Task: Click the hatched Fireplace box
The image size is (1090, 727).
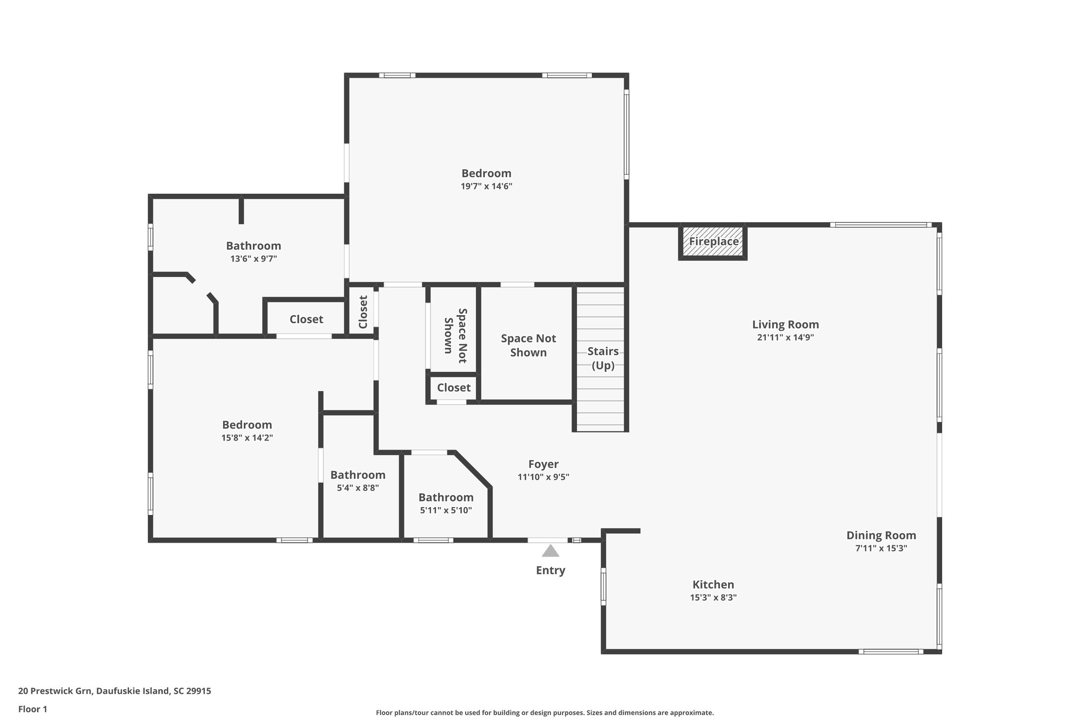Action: point(713,242)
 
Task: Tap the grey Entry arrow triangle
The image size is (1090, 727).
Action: point(550,551)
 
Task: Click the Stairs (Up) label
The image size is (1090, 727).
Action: point(603,358)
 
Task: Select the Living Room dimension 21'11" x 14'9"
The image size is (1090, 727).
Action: point(785,337)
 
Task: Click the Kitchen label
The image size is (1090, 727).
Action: point(713,584)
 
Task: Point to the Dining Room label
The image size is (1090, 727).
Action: point(881,535)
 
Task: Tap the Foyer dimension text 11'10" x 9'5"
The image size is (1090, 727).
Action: point(543,477)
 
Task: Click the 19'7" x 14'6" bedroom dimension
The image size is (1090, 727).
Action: point(486,186)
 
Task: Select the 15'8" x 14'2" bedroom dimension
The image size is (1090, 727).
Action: point(247,438)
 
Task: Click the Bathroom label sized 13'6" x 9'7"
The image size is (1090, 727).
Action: point(253,246)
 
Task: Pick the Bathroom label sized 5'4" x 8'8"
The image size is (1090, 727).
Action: point(358,475)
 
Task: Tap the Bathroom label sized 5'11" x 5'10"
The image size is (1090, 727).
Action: point(445,497)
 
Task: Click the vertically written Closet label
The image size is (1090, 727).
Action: point(363,312)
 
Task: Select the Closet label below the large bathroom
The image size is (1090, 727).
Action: point(306,319)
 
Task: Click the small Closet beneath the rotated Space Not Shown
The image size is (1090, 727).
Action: point(453,388)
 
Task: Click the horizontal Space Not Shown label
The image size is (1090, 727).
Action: point(528,345)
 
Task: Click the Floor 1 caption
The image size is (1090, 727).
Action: point(32,709)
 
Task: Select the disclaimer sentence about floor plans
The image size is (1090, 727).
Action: point(544,713)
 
